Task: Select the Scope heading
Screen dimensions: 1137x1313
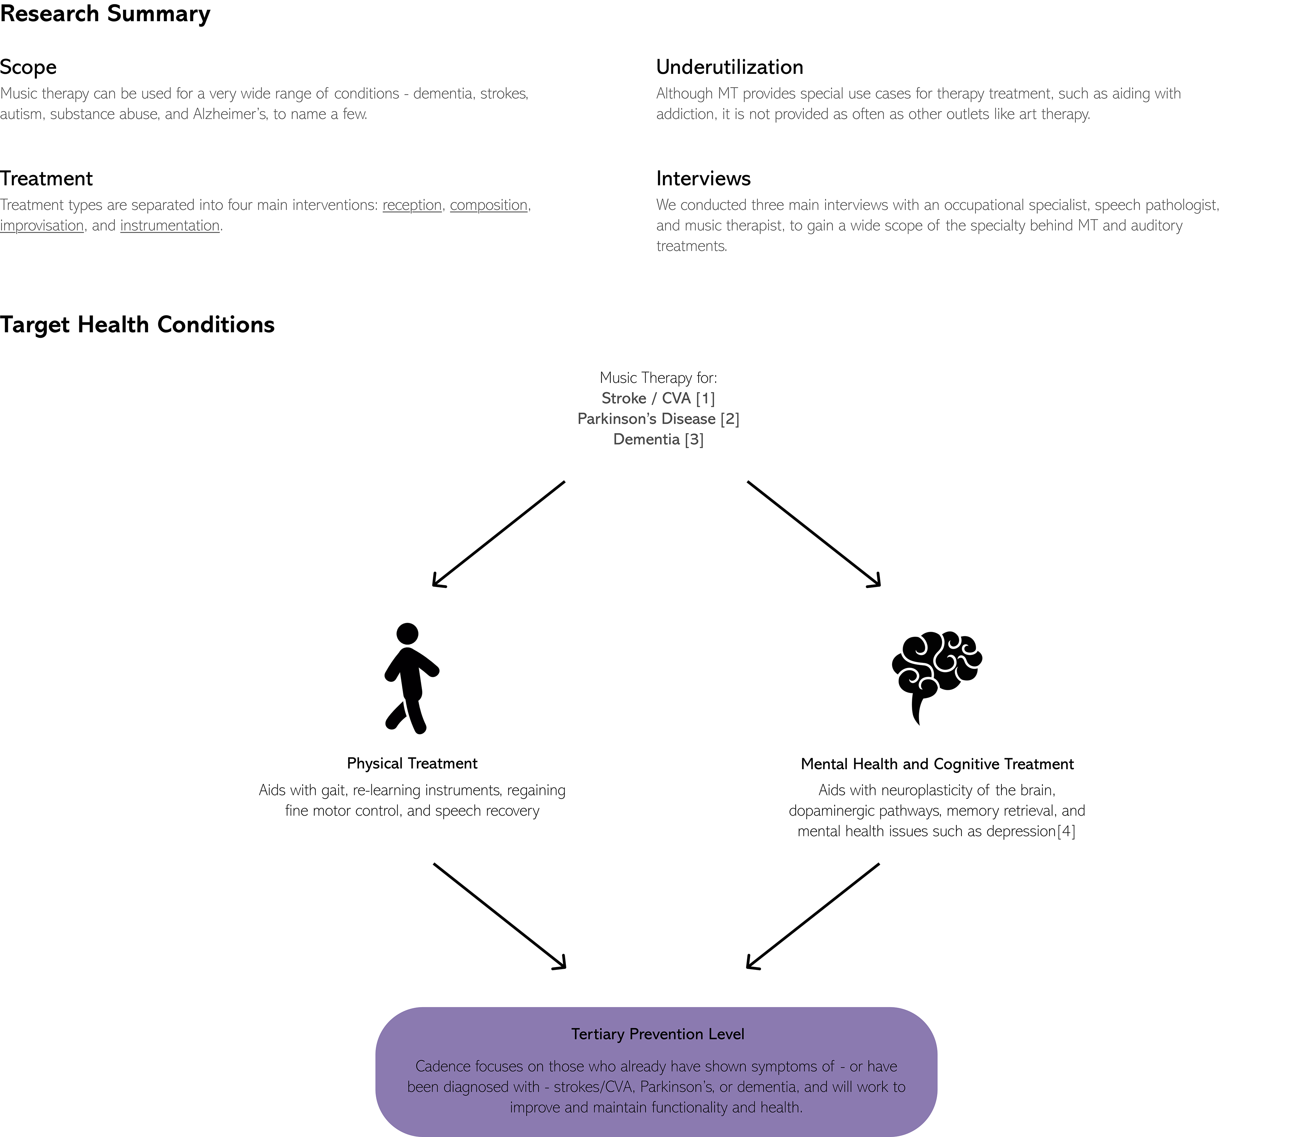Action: click(x=29, y=67)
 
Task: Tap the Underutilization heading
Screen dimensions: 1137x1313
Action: click(x=729, y=67)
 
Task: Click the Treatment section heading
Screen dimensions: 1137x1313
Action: click(x=46, y=179)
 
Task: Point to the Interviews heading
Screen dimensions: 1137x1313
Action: click(x=703, y=179)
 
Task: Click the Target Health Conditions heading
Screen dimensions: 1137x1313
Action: click(x=137, y=325)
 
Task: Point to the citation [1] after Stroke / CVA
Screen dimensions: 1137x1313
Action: click(x=705, y=399)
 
